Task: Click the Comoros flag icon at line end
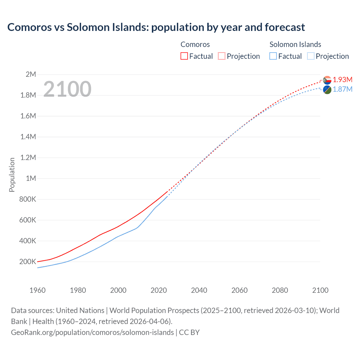327,80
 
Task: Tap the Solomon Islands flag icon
327,90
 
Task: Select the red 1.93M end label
343,80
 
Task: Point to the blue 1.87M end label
343,89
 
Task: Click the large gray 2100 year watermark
67,89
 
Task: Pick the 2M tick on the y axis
31,74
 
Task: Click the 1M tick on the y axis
31,178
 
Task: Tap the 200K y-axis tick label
28,262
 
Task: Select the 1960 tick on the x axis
37,290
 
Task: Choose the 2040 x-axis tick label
199,290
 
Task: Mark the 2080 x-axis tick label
280,290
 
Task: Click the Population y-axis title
12,175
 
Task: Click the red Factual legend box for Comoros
184,56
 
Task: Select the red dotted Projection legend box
222,56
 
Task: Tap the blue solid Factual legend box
273,56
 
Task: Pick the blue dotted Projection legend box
310,56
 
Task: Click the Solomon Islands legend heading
295,44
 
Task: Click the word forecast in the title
285,27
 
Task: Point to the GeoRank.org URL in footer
92,332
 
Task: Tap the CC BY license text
189,332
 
